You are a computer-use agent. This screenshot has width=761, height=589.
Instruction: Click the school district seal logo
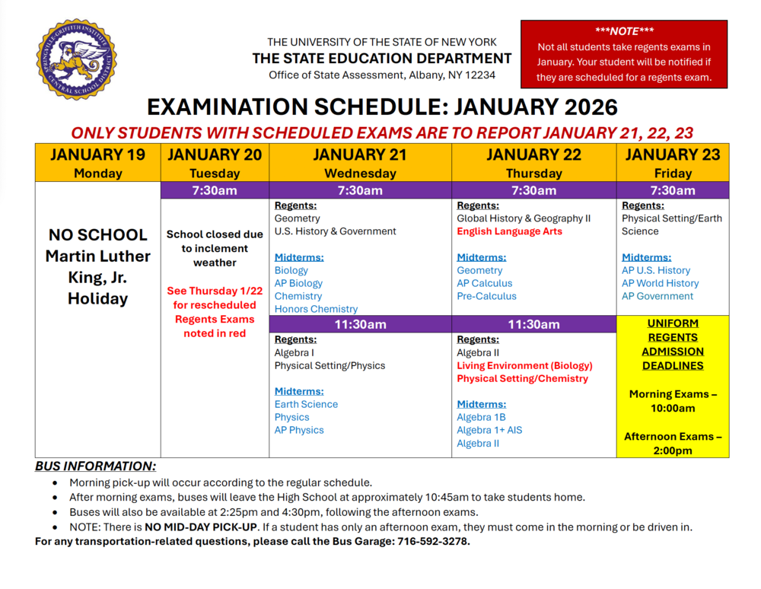[x=76, y=60]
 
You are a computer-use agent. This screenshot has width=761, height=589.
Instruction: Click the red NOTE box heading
[x=624, y=30]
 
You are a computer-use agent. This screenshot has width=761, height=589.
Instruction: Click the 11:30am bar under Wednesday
[x=360, y=325]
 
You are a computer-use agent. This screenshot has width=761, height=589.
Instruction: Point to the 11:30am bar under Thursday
[x=533, y=325]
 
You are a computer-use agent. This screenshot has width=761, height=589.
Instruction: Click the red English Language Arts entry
[x=509, y=231]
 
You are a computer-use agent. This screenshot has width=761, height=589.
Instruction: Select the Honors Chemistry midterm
[x=316, y=309]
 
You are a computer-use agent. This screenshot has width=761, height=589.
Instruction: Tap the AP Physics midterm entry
[x=299, y=431]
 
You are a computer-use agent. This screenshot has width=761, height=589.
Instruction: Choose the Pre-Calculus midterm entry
[x=486, y=296]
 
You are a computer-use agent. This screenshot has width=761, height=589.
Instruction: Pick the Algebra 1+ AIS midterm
[x=489, y=431]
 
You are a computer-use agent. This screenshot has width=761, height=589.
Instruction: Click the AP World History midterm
[x=660, y=283]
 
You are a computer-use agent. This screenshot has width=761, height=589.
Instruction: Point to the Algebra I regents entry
[x=294, y=353]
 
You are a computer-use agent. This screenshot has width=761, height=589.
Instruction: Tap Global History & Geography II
[x=524, y=218]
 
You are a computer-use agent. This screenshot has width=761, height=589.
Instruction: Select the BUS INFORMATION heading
[x=95, y=466]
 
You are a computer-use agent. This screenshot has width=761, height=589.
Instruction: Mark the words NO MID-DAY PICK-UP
[x=200, y=527]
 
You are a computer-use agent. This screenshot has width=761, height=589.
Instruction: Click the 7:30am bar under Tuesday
[x=215, y=190]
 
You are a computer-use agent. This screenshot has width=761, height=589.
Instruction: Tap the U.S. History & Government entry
[x=335, y=231]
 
